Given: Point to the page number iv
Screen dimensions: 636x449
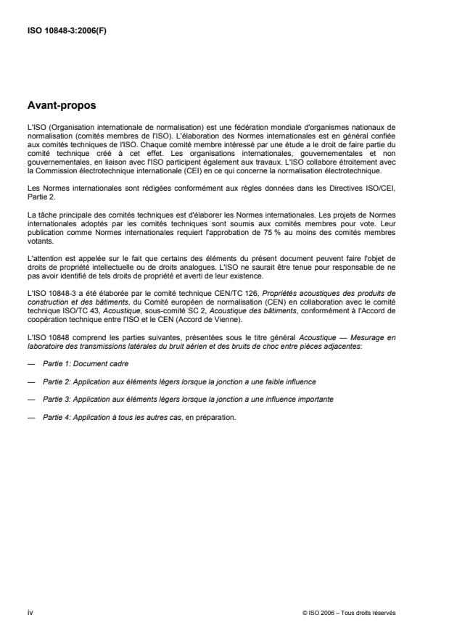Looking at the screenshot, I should pos(30,612).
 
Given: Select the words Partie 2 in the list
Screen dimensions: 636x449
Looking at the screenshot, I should pos(56,381).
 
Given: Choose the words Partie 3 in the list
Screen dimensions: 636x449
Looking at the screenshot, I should pos(56,400).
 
